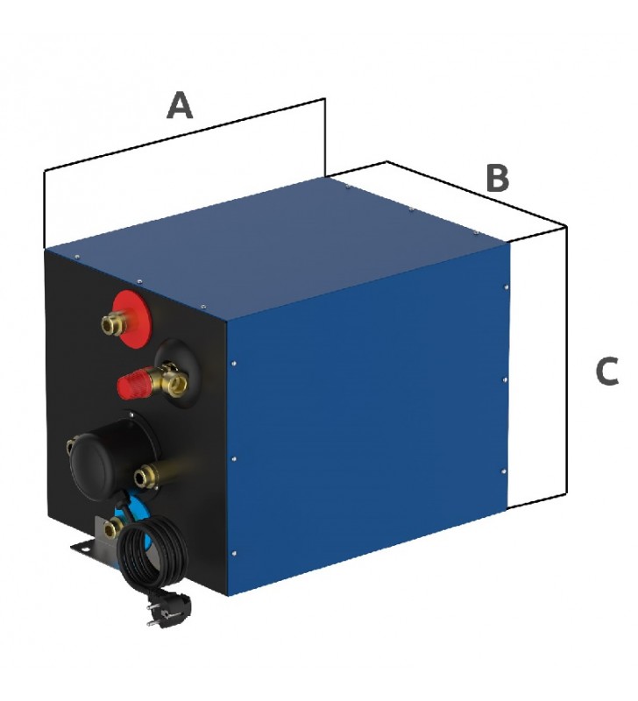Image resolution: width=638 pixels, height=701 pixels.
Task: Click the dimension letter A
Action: coord(180,105)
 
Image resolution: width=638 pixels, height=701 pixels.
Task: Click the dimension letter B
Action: coord(497,178)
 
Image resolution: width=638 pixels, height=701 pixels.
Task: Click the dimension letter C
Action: coord(607,371)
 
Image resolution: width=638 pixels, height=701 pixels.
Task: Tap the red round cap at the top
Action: coord(132,311)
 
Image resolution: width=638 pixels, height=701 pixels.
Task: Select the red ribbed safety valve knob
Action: coord(132,385)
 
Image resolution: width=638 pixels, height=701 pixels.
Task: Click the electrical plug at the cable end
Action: coord(167,607)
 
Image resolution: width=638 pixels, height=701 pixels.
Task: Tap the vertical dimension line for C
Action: coord(567,360)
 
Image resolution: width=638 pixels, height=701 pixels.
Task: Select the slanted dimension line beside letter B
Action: coord(477,194)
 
